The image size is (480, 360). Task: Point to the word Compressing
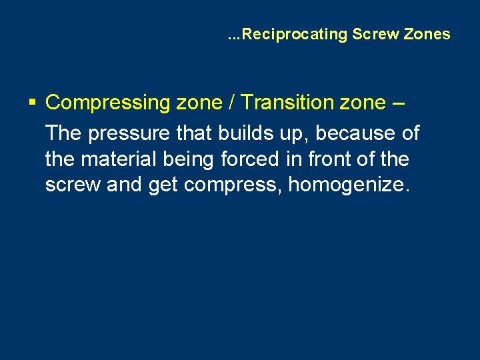[x=108, y=103]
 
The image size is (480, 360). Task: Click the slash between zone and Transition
[x=231, y=103]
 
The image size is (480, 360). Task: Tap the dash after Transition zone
[x=401, y=103]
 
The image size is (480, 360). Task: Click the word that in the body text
[x=192, y=133]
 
